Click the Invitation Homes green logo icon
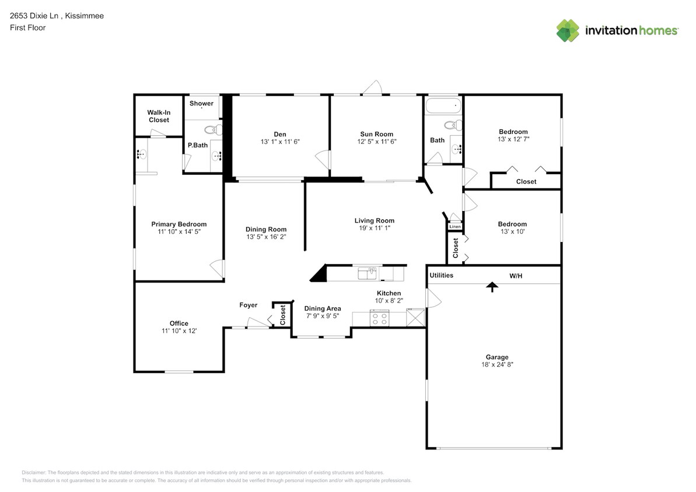(568, 30)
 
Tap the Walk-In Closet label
(158, 116)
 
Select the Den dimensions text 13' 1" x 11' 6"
(280, 142)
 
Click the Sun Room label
(376, 134)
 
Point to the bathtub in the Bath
(443, 106)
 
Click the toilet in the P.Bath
(213, 129)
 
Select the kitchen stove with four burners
(379, 318)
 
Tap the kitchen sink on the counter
(367, 272)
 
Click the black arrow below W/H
(492, 287)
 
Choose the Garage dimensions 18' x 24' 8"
(497, 364)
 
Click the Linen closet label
(454, 226)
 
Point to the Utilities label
(441, 275)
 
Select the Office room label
(179, 324)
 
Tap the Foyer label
(248, 305)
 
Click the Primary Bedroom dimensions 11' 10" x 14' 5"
(179, 232)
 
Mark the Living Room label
(374, 220)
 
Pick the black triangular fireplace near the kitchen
(319, 274)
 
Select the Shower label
(201, 104)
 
